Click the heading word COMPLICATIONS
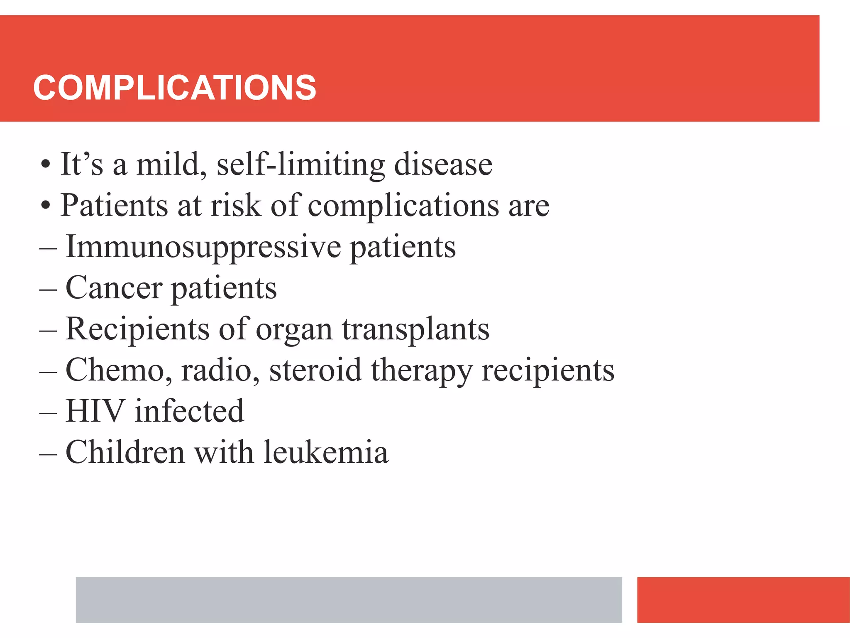point(174,88)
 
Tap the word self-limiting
point(300,164)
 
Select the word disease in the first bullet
point(443,164)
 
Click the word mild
point(171,164)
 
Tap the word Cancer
point(114,287)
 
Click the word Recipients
point(137,329)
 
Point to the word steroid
point(315,370)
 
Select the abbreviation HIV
point(95,411)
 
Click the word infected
point(189,411)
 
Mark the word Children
point(125,452)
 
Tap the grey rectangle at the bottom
point(349,599)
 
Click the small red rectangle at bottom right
point(743,599)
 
